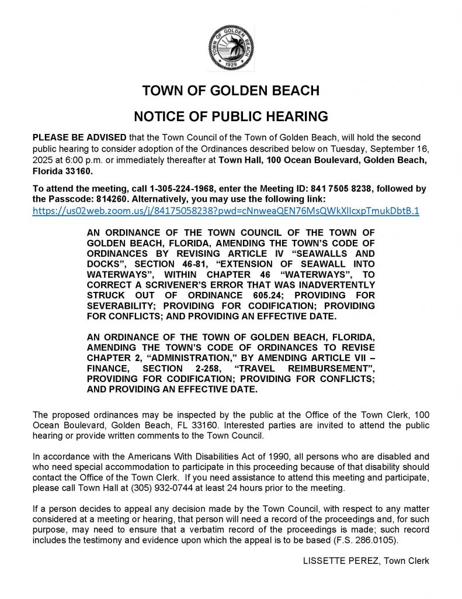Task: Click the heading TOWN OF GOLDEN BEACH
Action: tap(231, 91)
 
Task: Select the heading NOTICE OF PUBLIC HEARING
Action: tap(231, 116)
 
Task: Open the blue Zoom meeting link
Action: tap(226, 211)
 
